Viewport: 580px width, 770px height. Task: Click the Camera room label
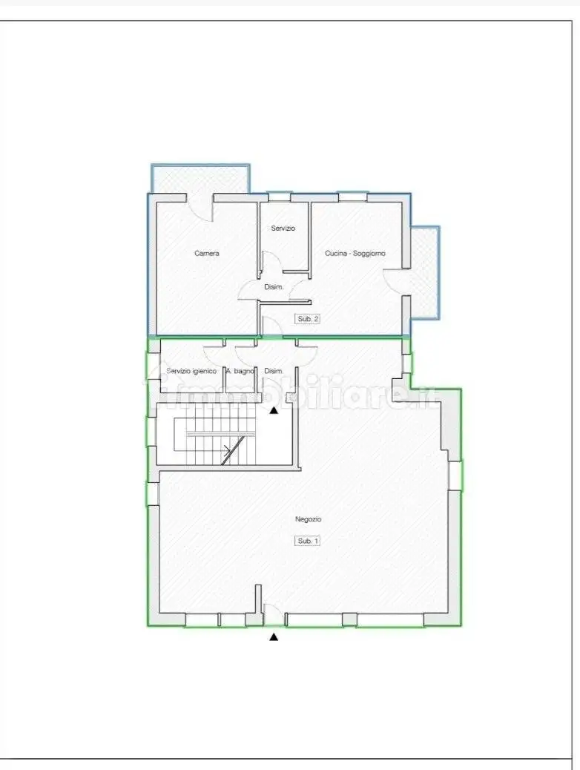coord(207,254)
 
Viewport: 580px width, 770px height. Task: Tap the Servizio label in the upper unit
coord(283,228)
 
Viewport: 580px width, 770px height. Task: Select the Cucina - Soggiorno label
coord(355,254)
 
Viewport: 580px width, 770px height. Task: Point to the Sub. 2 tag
coord(308,319)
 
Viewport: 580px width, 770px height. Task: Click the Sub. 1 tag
coord(308,541)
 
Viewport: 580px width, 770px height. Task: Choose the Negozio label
coord(308,519)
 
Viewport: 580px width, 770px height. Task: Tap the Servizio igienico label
coord(191,371)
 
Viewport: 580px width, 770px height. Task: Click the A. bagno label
coord(240,371)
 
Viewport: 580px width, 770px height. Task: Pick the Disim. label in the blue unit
coord(274,287)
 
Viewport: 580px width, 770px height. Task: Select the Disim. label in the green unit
coord(274,371)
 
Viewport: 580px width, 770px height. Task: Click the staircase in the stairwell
coord(214,434)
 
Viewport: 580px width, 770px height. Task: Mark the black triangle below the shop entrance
coord(274,637)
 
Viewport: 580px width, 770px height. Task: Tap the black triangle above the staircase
coord(274,410)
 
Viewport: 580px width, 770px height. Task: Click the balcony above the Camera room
coord(200,179)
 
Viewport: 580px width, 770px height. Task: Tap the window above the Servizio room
coord(280,197)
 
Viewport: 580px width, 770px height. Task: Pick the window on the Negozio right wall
coord(455,476)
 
